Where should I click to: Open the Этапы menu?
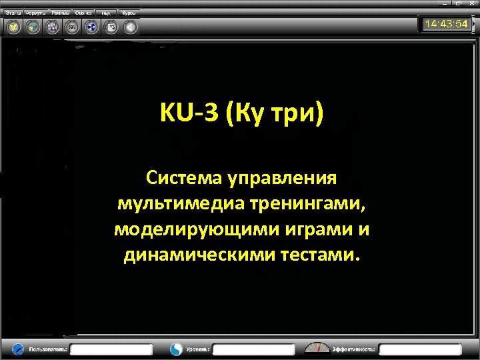[x=14, y=13]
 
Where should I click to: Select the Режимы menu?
[x=61, y=13]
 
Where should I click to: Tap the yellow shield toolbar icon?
[x=13, y=27]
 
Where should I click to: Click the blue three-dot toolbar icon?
[x=91, y=27]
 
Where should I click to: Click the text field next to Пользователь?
[x=111, y=349]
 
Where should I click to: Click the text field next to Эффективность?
[x=419, y=349]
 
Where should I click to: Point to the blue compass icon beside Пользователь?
[x=18, y=349]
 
